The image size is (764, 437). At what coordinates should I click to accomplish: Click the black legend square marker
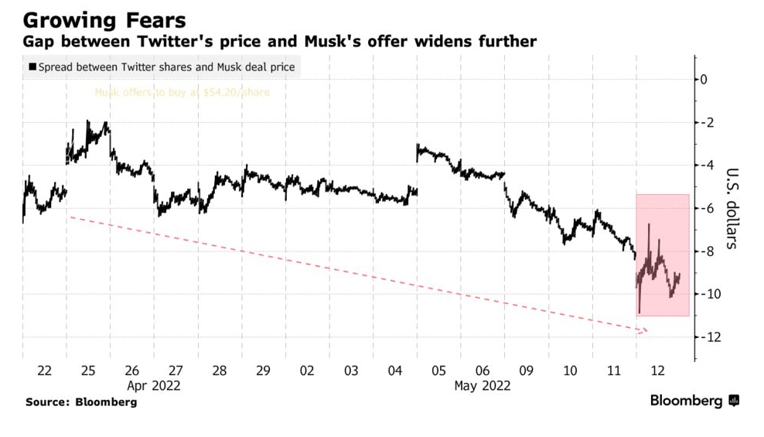tap(32, 67)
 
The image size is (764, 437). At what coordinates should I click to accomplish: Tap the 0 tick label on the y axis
tap(704, 79)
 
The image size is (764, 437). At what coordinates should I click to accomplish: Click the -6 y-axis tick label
tap(706, 208)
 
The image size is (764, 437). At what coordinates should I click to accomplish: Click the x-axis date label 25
tap(88, 371)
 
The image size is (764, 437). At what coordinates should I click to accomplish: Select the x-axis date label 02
tap(308, 371)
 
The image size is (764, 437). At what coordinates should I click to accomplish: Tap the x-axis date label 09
tap(527, 371)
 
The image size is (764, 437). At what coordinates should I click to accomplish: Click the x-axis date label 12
tap(658, 371)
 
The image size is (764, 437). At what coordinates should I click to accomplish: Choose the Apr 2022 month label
tap(154, 386)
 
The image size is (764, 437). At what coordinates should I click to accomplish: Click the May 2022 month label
tap(483, 386)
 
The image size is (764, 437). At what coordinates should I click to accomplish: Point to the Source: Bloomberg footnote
tap(81, 402)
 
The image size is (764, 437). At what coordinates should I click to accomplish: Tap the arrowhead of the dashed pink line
tap(644, 331)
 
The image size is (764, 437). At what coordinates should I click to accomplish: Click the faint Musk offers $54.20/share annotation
tap(182, 93)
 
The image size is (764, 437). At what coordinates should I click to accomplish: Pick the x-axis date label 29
tap(264, 371)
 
